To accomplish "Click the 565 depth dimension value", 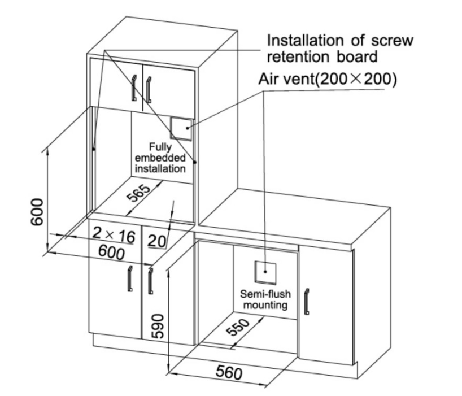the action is pyautogui.click(x=138, y=193).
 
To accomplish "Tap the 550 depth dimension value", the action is pyautogui.click(x=238, y=327).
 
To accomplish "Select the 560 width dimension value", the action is pyautogui.click(x=229, y=373).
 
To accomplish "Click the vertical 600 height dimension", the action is pyautogui.click(x=37, y=211).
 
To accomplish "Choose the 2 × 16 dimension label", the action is pyautogui.click(x=114, y=235).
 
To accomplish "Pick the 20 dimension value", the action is pyautogui.click(x=156, y=241).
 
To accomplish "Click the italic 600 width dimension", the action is pyautogui.click(x=111, y=253).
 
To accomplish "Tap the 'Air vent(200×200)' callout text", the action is pyautogui.click(x=328, y=79).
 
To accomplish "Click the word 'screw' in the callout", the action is pyautogui.click(x=392, y=40).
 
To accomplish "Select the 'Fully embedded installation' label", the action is pyautogui.click(x=160, y=158).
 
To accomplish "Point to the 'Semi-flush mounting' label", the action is pyautogui.click(x=265, y=299).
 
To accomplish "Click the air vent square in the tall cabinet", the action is pyautogui.click(x=181, y=128).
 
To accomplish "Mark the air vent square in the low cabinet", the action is pyautogui.click(x=265, y=272).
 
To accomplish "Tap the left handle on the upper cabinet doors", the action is pyautogui.click(x=134, y=88).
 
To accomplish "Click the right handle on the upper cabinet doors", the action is pyautogui.click(x=149, y=90).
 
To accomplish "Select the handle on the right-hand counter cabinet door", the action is pyautogui.click(x=307, y=302).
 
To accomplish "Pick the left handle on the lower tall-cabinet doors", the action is pyautogui.click(x=130, y=278).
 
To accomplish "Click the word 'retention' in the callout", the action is pyautogui.click(x=298, y=57).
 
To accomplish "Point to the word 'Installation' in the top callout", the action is pyautogui.click(x=305, y=40).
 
